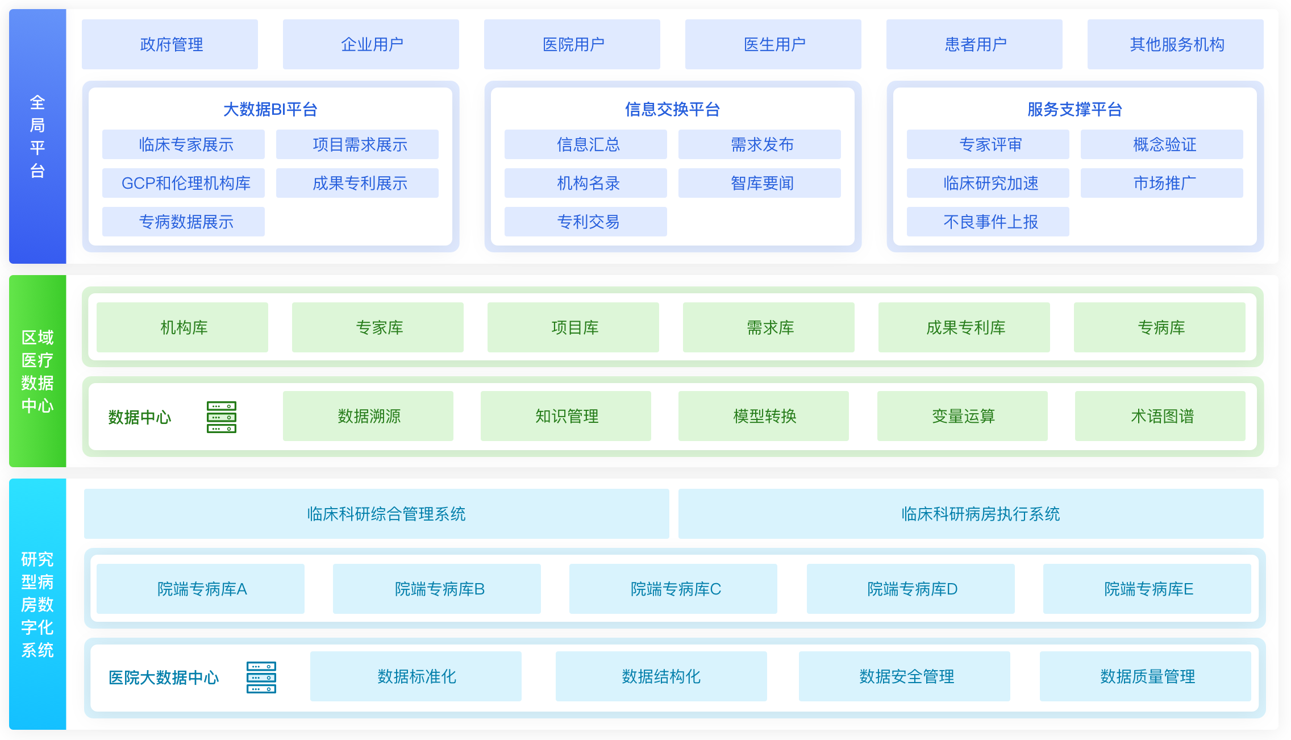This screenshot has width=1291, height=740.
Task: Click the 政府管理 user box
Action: point(170,44)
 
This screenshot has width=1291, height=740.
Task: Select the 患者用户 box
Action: point(974,44)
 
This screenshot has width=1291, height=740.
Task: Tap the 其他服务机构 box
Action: point(1175,44)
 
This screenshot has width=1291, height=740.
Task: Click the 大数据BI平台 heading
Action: point(270,109)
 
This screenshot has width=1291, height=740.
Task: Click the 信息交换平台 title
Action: point(672,109)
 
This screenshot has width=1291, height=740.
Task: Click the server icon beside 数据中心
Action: point(222,417)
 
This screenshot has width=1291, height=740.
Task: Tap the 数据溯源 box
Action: point(368,416)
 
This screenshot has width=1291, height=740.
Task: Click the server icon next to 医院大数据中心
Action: point(261,677)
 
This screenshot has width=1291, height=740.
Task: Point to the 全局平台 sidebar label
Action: point(38,136)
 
